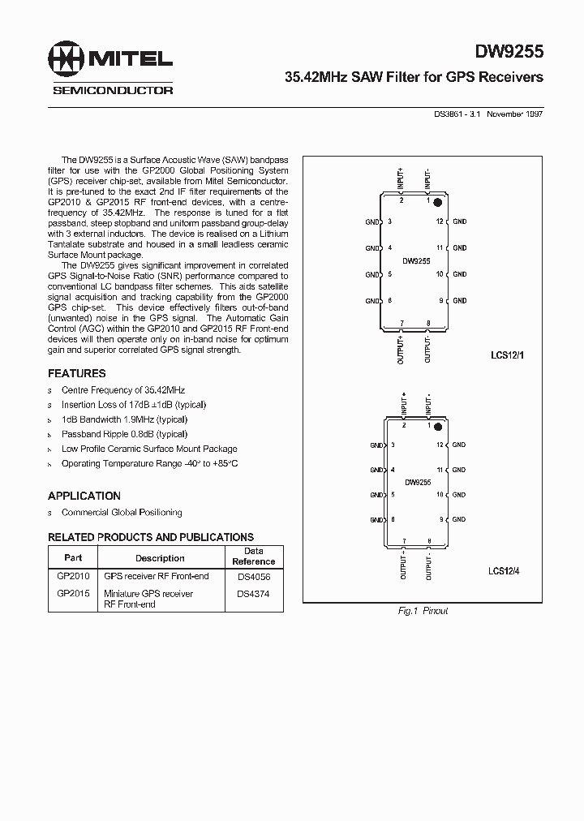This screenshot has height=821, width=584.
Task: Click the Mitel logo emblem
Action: click(68, 58)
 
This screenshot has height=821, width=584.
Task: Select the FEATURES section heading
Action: click(77, 374)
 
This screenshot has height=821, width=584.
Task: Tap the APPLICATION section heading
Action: click(84, 496)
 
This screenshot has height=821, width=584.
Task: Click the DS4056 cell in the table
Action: click(254, 577)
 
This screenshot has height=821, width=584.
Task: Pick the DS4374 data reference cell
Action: click(254, 594)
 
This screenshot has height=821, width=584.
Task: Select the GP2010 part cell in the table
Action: click(73, 576)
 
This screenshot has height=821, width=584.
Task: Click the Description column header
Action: click(160, 558)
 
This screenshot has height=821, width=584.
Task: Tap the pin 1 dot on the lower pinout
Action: click(437, 425)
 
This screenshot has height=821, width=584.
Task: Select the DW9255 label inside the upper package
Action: click(416, 261)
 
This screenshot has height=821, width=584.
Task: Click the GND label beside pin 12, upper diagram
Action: click(460, 221)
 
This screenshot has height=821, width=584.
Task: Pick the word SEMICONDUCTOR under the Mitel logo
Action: click(113, 90)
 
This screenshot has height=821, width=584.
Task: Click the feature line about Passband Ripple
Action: click(123, 434)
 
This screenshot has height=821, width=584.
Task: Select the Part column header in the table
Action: click(73, 558)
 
